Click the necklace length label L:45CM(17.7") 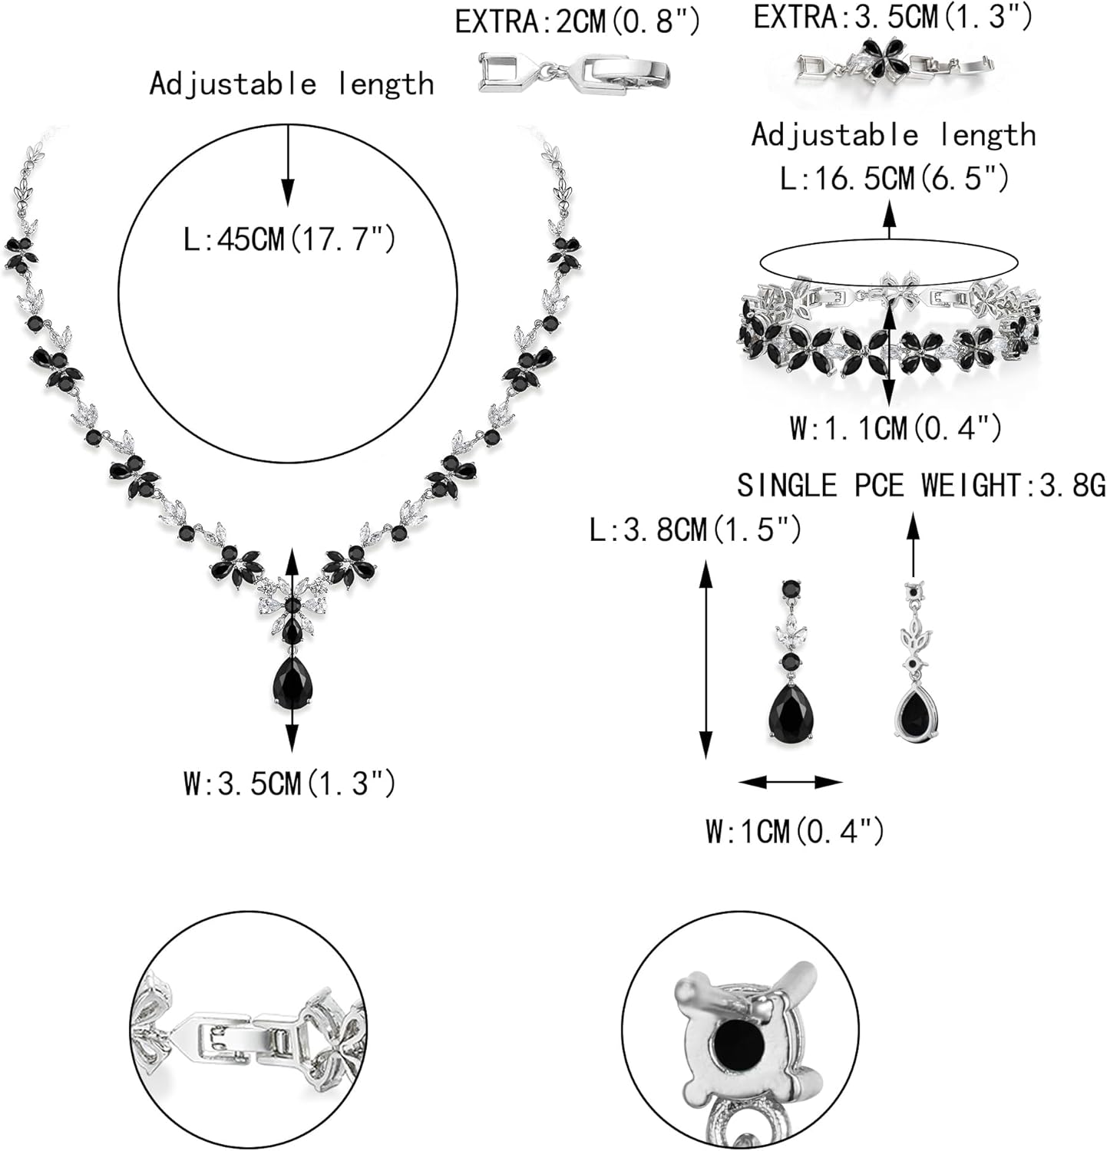(x=289, y=240)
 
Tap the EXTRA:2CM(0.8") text (x=577, y=21)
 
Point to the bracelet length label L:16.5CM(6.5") (x=894, y=179)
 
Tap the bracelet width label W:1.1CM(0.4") (x=895, y=427)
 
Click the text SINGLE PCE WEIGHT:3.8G (x=921, y=485)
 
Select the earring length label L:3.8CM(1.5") (x=696, y=529)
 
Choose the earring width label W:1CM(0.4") (x=795, y=830)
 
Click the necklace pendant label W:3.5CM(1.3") (x=289, y=783)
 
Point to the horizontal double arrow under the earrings (x=791, y=782)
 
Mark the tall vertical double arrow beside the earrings (x=705, y=659)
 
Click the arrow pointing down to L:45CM (x=288, y=165)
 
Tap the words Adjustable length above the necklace (x=292, y=84)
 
